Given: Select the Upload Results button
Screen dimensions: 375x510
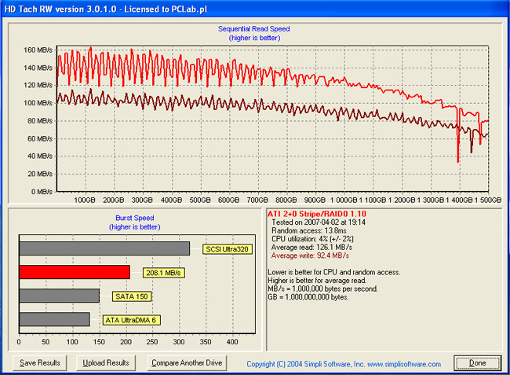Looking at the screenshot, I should click(106, 363).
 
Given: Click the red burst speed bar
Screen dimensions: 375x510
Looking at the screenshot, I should click(75, 272).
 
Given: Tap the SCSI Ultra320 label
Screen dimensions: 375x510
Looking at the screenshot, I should click(224, 249).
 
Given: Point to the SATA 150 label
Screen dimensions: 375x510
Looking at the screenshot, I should click(131, 296).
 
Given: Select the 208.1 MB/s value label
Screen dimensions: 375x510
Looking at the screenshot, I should click(162, 273).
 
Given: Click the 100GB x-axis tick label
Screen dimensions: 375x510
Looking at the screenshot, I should click(86, 200).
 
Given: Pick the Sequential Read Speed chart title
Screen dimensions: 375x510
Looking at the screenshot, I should click(259, 29).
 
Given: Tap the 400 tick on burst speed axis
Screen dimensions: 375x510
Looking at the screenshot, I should click(232, 343).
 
